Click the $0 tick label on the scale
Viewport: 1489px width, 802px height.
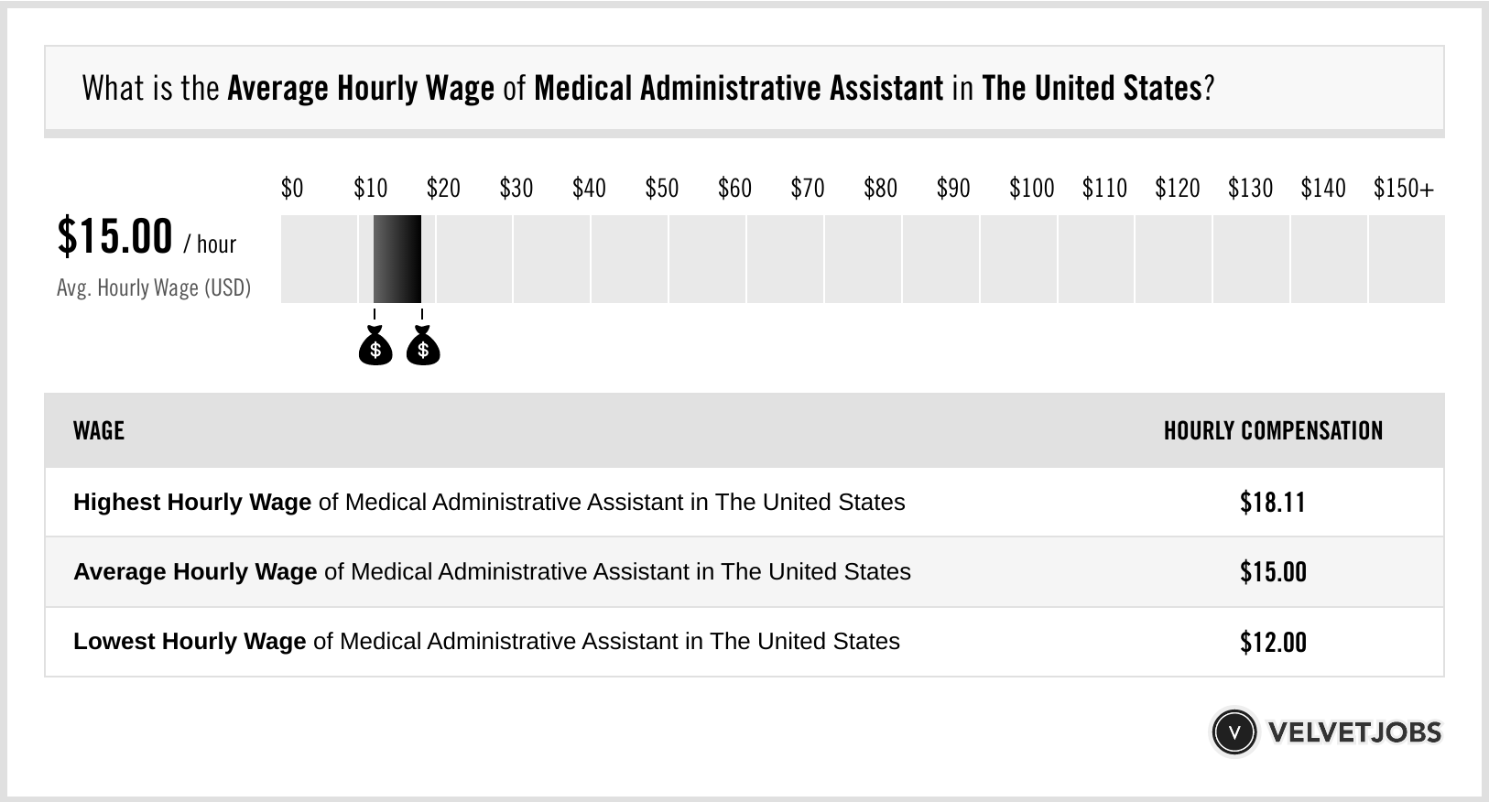[292, 189]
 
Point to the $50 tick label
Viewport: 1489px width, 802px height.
[661, 189]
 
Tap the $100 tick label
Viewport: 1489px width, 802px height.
[1031, 189]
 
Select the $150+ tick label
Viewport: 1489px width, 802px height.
[1403, 189]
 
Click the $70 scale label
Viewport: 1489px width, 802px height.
[807, 189]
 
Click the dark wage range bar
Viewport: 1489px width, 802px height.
[397, 259]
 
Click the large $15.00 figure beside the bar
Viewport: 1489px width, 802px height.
[114, 236]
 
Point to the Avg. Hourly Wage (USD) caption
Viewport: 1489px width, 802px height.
[154, 288]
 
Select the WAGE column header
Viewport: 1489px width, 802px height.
[99, 431]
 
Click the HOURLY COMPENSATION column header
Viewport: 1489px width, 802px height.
[1273, 431]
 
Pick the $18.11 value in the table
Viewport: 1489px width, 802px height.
[1273, 503]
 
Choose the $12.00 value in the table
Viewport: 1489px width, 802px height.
[1273, 642]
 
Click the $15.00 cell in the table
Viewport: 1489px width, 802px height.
[1273, 572]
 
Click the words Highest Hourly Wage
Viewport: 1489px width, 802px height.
[192, 503]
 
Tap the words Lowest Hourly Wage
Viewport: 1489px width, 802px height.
[190, 642]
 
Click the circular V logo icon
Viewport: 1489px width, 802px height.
[1234, 732]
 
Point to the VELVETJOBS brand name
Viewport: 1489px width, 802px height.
[1354, 732]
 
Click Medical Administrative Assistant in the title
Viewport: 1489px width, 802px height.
[738, 89]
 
